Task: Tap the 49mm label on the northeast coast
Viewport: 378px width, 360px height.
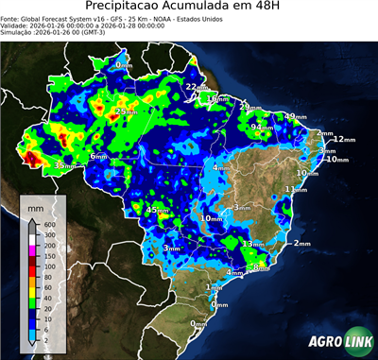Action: pos(297,116)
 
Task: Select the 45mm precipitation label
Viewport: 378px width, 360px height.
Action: pos(157,210)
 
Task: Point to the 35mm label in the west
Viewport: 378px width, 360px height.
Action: pos(64,165)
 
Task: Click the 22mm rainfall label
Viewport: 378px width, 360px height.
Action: pos(194,87)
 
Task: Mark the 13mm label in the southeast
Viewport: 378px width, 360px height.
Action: pos(253,244)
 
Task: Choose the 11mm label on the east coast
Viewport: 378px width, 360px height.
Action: pos(297,189)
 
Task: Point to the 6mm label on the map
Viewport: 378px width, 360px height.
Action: pos(97,156)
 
